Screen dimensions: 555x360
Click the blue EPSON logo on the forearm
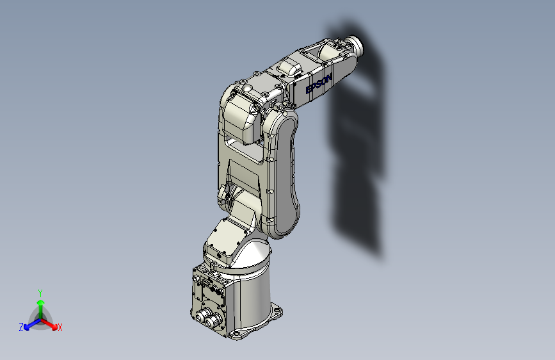coord(319,84)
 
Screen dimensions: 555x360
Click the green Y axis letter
coord(40,293)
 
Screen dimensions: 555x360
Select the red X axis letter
coord(60,328)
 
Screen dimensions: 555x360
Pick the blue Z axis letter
coord(21,327)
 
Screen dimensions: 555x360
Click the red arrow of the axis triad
coord(49,324)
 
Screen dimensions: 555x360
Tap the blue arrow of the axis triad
coord(32,324)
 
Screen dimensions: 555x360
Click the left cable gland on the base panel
coord(203,315)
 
